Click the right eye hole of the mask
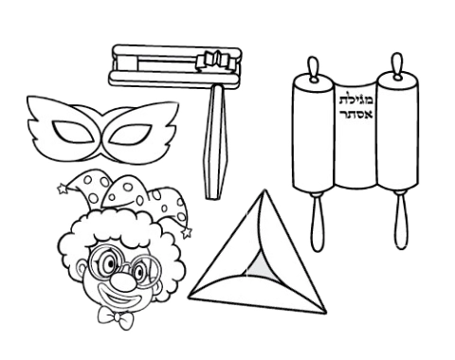click(130, 135)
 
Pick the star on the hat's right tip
click(187, 233)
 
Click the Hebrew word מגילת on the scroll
click(356, 99)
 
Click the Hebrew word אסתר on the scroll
click(356, 114)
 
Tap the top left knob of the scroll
click(313, 69)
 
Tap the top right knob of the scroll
click(397, 64)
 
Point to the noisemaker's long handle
click(215, 141)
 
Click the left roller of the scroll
click(313, 132)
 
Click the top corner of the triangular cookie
click(264, 189)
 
